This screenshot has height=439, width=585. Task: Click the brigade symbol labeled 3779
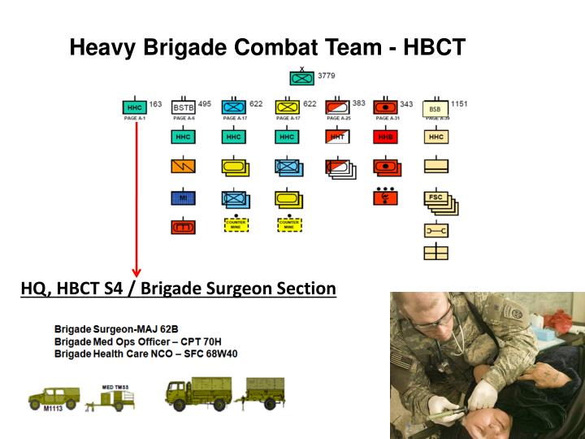303,79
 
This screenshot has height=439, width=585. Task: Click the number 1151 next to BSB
459,104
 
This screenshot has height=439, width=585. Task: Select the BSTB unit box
184,107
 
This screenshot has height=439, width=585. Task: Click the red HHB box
385,137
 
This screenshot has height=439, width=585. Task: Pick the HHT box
336,137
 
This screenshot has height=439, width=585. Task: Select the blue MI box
184,198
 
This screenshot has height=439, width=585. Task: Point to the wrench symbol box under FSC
436,231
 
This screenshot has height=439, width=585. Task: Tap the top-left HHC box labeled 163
134,107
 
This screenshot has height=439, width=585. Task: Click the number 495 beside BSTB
205,104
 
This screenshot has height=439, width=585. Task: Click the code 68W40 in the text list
219,354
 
